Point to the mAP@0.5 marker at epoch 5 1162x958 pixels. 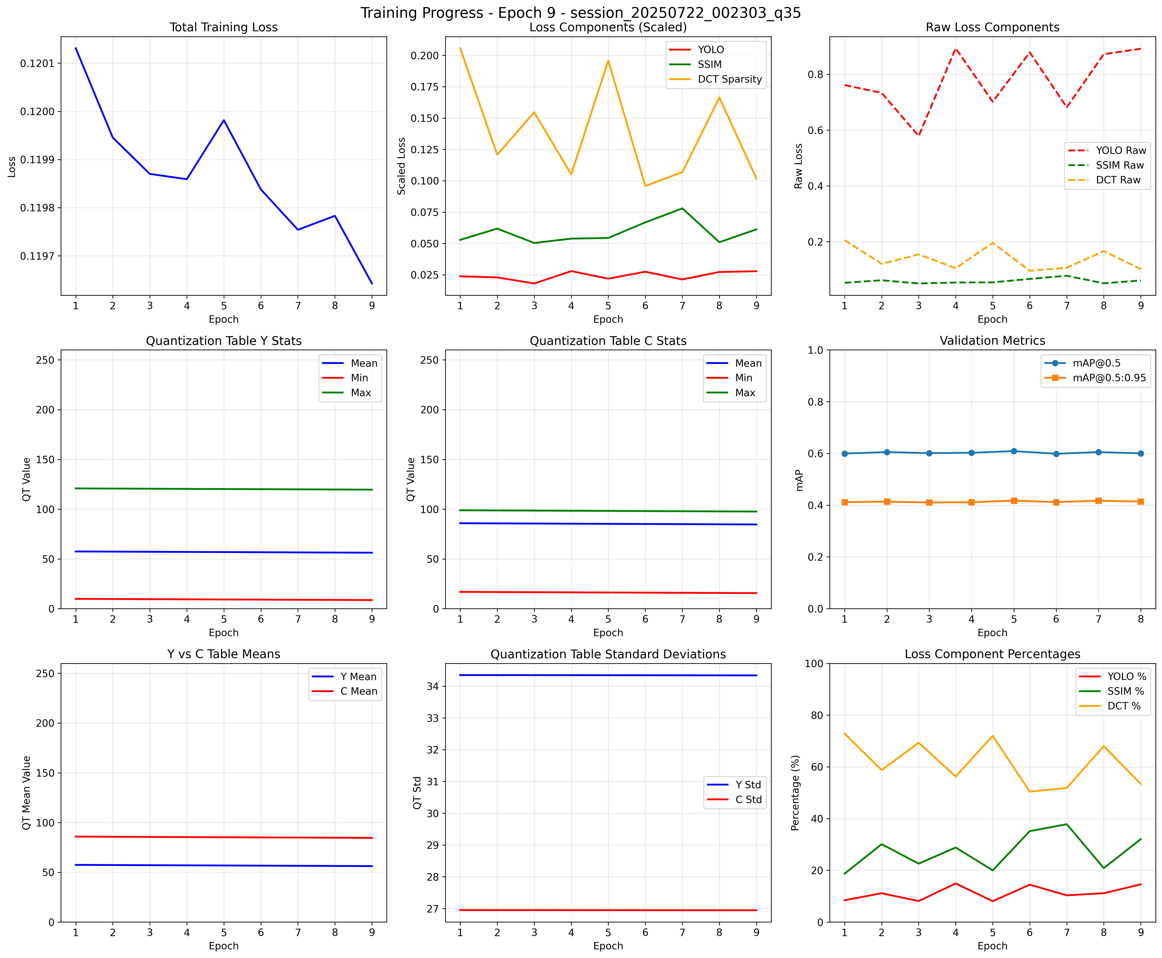tap(1014, 451)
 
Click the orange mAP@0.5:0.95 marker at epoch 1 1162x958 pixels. tap(844, 502)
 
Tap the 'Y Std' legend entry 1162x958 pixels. tap(748, 785)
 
